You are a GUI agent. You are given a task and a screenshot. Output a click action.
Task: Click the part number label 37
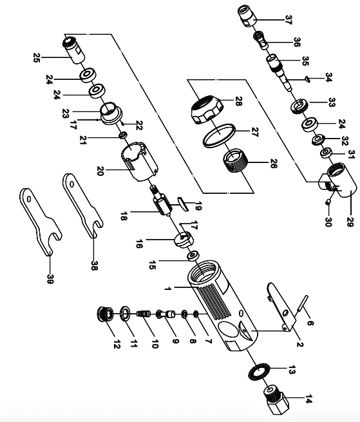pos(288,20)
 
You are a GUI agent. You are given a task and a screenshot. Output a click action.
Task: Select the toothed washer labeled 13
pos(257,371)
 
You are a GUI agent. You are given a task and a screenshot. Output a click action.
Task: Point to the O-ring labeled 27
pos(219,135)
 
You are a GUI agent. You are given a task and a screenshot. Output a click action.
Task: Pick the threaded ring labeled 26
pos(235,160)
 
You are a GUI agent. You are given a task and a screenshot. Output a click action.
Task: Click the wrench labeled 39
pos(41,220)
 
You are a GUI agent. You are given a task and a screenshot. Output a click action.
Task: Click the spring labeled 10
pos(144,314)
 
